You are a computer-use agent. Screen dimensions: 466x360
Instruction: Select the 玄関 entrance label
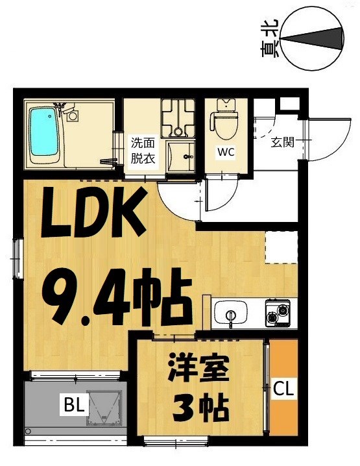pos(282,141)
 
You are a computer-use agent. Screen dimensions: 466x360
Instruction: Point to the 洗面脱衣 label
pos(143,151)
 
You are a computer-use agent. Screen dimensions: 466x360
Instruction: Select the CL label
pos(282,389)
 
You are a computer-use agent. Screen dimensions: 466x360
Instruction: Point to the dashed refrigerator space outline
pos(280,247)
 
